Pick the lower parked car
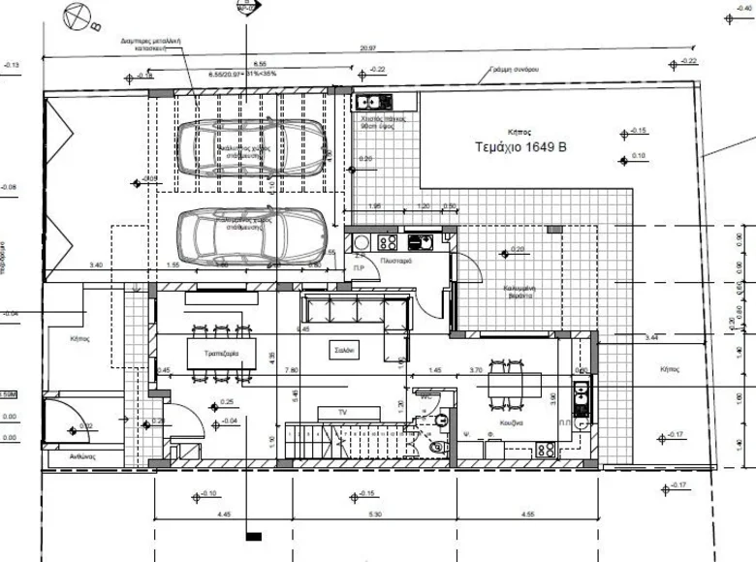coord(246,233)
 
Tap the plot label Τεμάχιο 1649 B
coord(520,148)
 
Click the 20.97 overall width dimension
coord(368,48)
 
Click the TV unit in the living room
coord(341,413)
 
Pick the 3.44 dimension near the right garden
coord(650,337)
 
